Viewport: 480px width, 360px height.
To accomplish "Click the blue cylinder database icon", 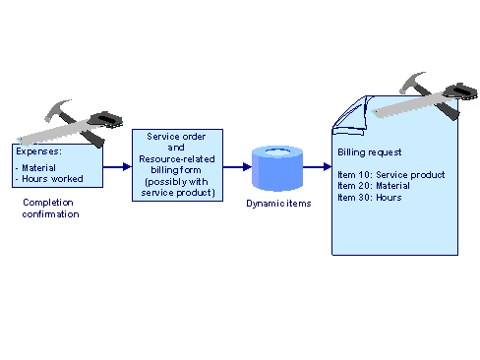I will [x=277, y=167].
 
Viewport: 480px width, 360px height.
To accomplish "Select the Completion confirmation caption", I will [x=50, y=208].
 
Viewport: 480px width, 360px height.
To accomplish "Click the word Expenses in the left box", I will [x=36, y=152].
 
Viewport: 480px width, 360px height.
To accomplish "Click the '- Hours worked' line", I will [x=49, y=178].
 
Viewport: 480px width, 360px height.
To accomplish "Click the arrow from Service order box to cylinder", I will [x=236, y=166].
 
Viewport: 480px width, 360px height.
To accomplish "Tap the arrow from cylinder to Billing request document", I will [x=318, y=166].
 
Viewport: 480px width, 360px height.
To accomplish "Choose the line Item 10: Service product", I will [x=390, y=175].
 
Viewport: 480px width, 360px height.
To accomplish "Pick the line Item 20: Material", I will [x=374, y=186].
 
